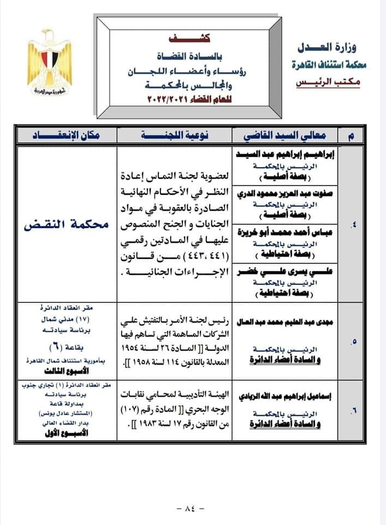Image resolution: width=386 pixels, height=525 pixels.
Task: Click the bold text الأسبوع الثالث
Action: [66, 370]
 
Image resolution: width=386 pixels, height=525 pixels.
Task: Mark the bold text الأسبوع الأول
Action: [66, 432]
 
